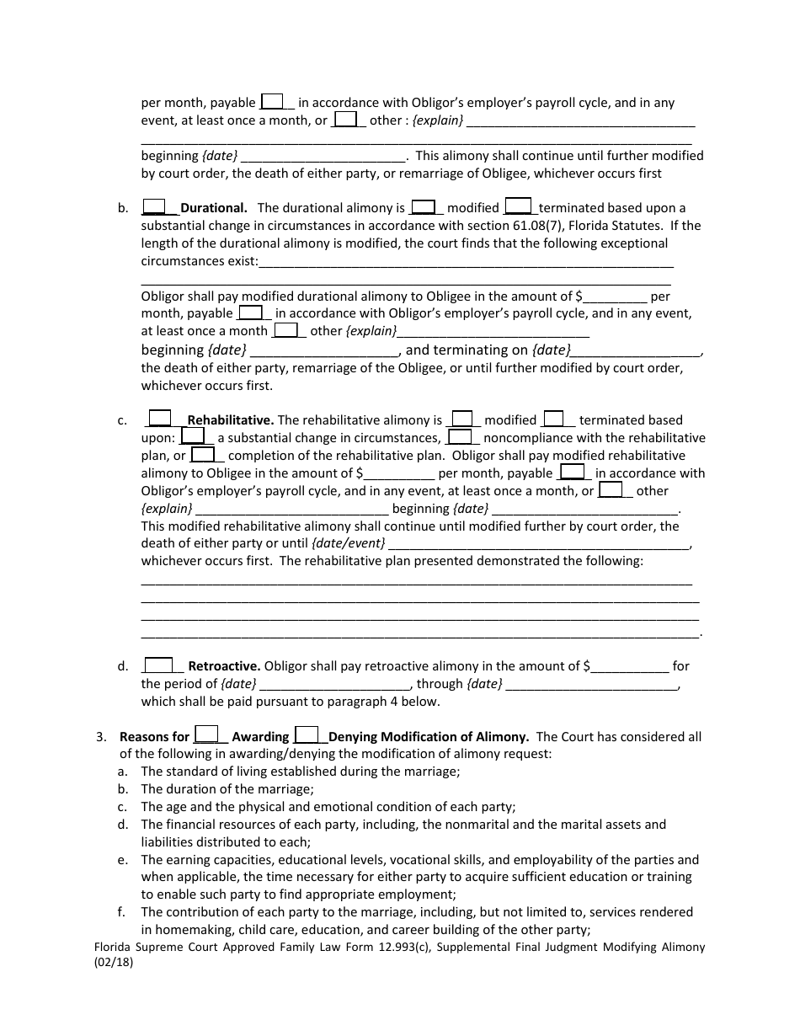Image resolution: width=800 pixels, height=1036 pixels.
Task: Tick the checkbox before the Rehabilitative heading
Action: coord(159,419)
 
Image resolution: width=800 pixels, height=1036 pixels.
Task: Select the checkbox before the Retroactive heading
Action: coord(158,665)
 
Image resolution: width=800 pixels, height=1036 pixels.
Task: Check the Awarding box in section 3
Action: coord(206,735)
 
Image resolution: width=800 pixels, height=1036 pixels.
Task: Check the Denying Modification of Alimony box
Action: coord(307,735)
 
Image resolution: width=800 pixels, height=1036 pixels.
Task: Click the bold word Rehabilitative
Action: coord(230,420)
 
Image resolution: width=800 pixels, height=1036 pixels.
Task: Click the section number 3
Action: coord(101,737)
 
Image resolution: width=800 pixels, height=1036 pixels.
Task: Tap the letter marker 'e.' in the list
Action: coord(123,860)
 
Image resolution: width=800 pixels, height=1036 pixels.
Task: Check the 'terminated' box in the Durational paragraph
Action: coord(517,206)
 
